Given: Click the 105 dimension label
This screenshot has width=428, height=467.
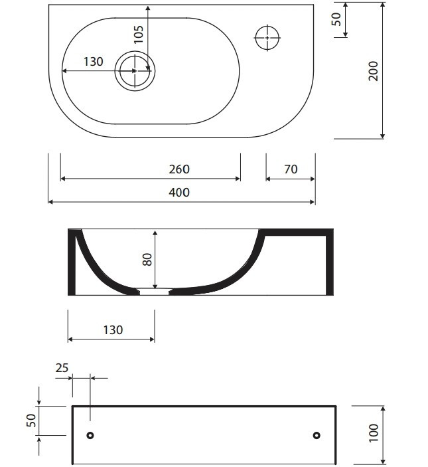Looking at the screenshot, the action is click(139, 35).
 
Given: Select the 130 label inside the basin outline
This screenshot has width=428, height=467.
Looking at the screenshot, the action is click(94, 62).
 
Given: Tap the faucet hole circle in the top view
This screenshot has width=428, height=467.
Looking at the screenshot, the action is click(267, 38).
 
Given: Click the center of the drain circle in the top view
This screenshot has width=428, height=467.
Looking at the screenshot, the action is click(135, 71).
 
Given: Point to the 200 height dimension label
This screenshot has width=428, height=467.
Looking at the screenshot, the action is click(374, 71).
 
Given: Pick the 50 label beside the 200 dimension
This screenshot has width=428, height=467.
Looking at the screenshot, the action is click(336, 19).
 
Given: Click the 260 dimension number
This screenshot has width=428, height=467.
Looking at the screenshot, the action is click(179, 169).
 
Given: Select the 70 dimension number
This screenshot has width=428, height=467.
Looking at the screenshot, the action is click(291, 169).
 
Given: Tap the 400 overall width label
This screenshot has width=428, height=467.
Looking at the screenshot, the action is click(179, 193).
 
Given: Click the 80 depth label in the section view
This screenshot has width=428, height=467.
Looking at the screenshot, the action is click(147, 260).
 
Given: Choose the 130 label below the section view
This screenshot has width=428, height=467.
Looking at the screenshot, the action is click(113, 330).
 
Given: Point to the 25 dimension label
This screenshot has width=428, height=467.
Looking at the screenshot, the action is click(62, 368).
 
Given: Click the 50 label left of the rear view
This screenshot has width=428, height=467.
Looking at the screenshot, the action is click(31, 420).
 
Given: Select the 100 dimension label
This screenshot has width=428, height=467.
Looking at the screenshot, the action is click(374, 433).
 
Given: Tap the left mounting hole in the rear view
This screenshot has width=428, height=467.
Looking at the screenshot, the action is click(90, 435).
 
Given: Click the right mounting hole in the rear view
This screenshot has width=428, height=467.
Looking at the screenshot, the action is click(317, 435).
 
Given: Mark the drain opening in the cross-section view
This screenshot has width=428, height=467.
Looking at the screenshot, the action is click(155, 291).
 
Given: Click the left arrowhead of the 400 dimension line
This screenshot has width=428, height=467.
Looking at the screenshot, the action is click(50, 202).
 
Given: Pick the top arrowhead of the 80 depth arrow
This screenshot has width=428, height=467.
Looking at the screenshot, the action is click(155, 233).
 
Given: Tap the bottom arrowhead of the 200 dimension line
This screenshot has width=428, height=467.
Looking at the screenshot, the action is click(383, 136).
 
